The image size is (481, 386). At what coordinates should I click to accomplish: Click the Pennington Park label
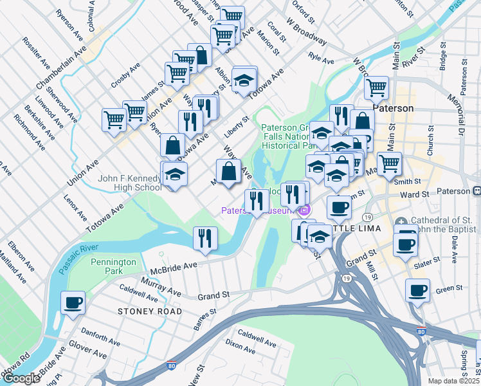(x=113, y=266)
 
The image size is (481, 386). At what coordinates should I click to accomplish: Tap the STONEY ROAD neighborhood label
(x=150, y=311)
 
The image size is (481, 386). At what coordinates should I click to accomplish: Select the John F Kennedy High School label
(x=129, y=183)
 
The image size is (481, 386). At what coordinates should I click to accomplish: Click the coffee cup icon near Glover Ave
(x=73, y=302)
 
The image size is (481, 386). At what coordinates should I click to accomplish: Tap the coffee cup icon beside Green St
(x=417, y=290)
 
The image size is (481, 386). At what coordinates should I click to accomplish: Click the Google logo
(x=21, y=378)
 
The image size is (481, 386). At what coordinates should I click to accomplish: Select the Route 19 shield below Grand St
(x=347, y=278)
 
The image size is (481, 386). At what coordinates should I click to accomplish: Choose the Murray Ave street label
(x=161, y=287)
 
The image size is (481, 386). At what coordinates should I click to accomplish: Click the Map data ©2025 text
(x=454, y=381)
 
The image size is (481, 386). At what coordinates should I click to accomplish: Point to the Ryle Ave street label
(x=322, y=59)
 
